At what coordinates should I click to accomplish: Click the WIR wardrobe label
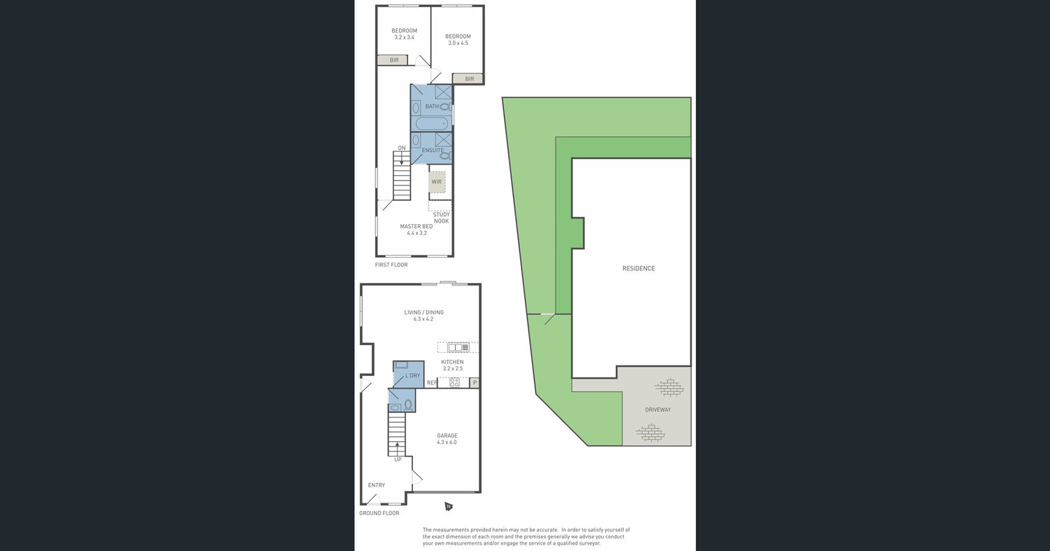(436, 182)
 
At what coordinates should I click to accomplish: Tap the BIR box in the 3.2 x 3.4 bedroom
(393, 60)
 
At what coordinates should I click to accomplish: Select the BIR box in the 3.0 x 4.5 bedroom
(468, 79)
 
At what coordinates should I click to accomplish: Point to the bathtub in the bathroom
(432, 124)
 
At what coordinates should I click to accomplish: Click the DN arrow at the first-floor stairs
(401, 158)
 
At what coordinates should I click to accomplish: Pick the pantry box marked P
(475, 383)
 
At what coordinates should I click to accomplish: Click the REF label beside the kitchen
(432, 383)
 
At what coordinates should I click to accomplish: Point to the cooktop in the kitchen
(454, 383)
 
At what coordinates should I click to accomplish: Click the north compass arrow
(449, 506)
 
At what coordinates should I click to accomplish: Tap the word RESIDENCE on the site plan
(638, 268)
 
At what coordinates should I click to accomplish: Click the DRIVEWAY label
(658, 410)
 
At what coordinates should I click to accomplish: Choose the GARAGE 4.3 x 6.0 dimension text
(447, 442)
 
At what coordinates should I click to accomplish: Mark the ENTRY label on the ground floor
(377, 485)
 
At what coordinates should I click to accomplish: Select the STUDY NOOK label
(441, 218)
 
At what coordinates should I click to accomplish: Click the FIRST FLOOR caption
(391, 265)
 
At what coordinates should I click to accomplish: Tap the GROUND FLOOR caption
(379, 513)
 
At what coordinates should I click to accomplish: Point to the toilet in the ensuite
(445, 155)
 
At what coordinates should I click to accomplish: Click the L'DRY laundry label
(412, 375)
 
